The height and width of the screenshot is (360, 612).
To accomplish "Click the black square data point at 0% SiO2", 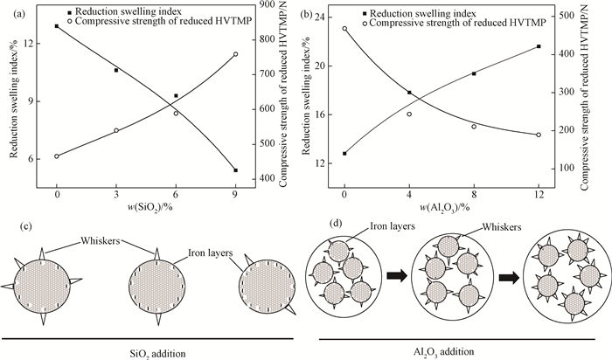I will coord(57,26).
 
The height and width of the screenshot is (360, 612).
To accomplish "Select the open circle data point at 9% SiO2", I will coord(235,54).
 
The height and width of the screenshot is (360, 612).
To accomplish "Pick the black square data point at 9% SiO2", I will coord(235,170).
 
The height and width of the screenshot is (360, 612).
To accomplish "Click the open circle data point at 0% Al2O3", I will coord(344,28).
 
